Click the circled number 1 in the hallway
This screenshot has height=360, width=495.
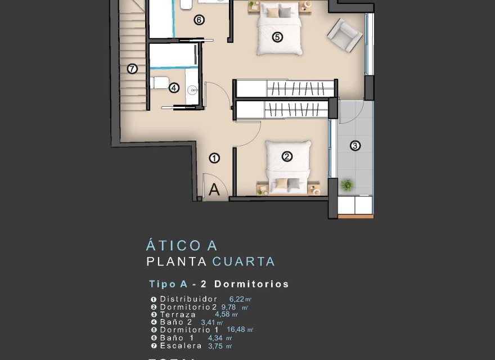[214, 158]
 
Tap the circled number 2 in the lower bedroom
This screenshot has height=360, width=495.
[287, 157]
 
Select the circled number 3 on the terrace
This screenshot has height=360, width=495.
[355, 146]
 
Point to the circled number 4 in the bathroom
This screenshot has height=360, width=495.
[174, 88]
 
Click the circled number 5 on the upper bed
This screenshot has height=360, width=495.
[277, 37]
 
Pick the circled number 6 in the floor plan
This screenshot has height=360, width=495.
[199, 20]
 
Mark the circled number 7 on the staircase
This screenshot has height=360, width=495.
[132, 69]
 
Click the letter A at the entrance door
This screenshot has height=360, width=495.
[214, 190]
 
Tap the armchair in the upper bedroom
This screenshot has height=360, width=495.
[344, 35]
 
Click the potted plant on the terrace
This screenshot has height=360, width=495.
[347, 184]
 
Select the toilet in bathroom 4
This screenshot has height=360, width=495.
[159, 83]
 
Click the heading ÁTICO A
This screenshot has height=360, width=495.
[181, 246]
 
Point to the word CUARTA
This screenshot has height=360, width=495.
[244, 262]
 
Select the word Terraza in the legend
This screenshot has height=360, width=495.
[178, 314]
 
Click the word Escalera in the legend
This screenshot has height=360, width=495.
[181, 346]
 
